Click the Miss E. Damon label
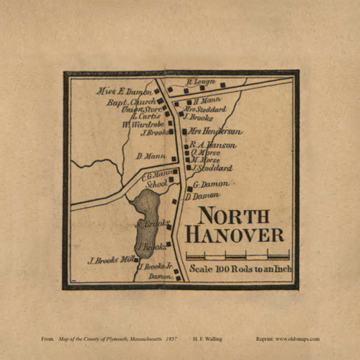124,92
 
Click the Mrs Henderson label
215,132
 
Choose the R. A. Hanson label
213,145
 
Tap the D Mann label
147,155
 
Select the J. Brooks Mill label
111,260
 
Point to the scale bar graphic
238,255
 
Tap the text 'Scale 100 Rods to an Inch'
239,270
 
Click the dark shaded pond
145,220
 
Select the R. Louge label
202,82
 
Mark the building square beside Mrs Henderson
184,132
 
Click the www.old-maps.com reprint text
297,338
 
